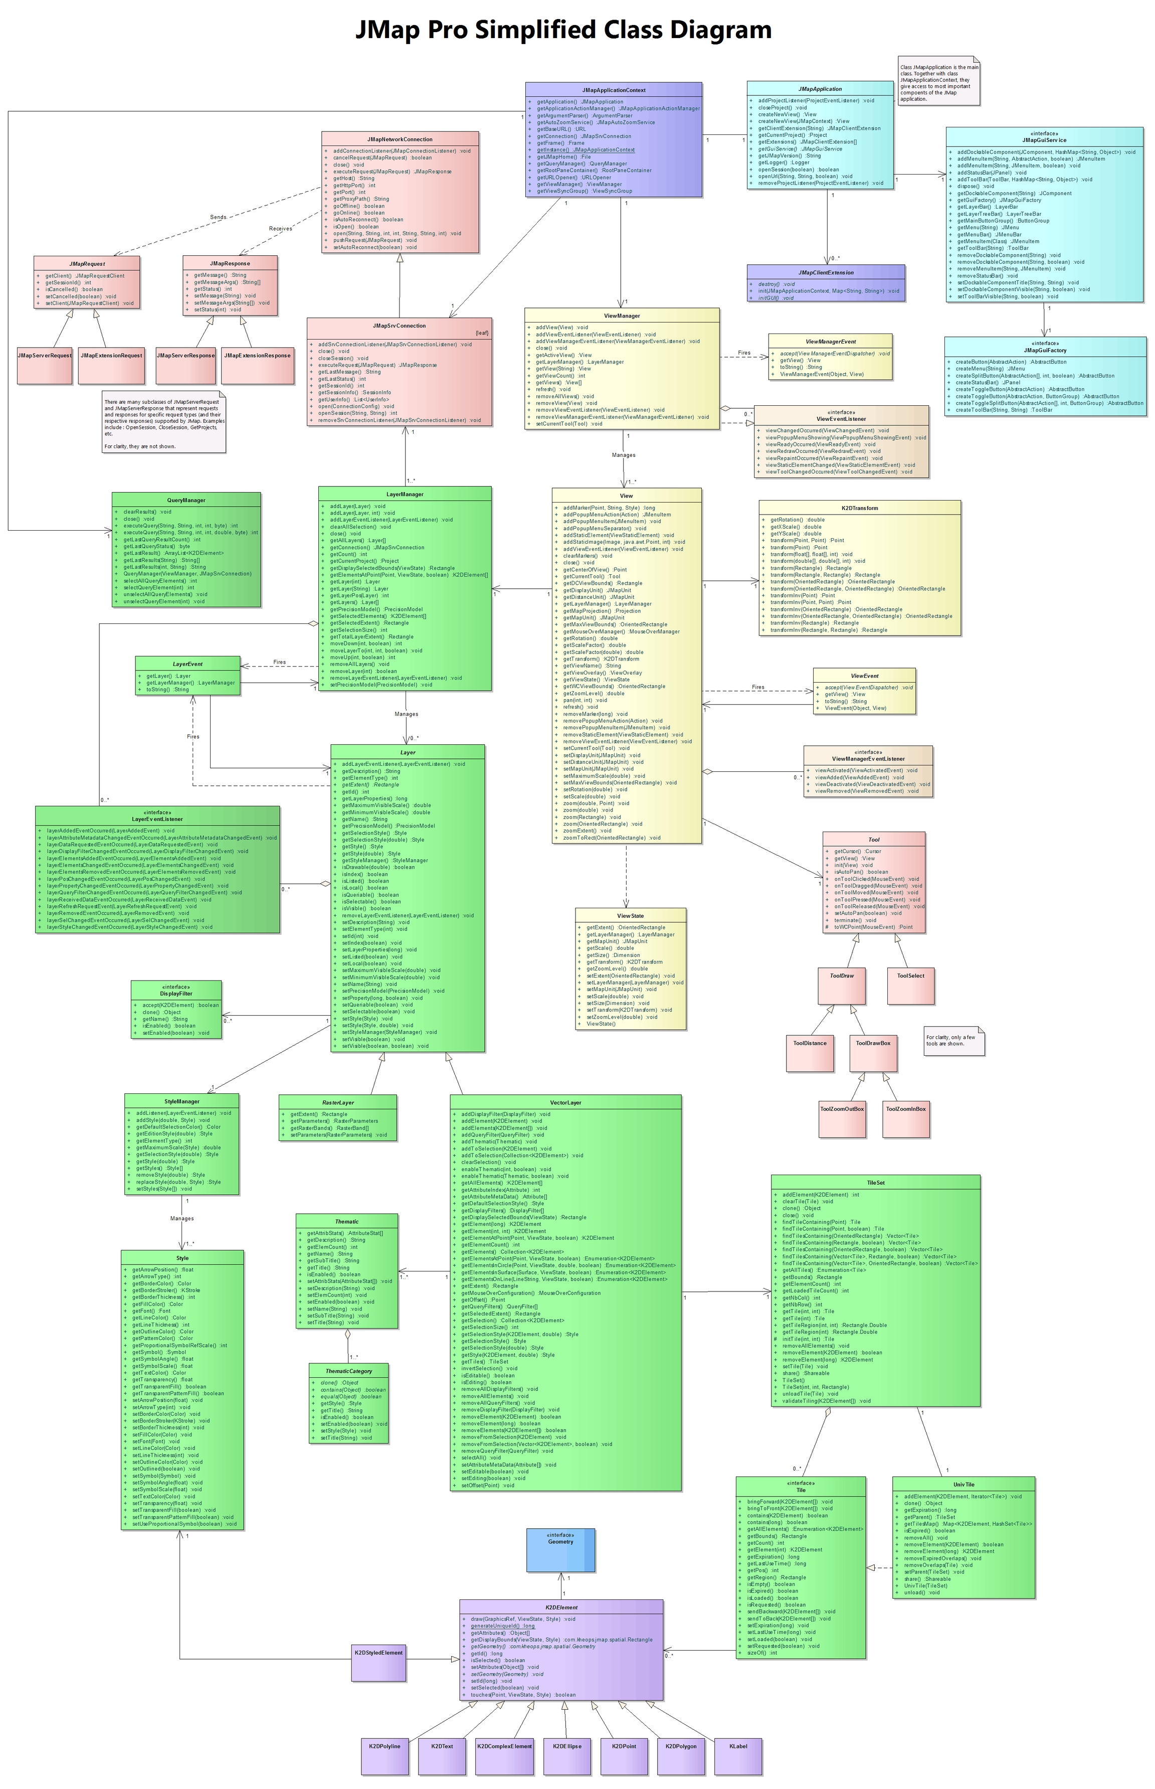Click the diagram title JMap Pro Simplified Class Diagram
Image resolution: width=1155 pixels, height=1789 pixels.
tap(563, 30)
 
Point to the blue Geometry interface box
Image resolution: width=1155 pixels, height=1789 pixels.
tap(560, 1550)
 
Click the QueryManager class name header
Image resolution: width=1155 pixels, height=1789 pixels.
tap(186, 500)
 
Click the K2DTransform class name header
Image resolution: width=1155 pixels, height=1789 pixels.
tap(860, 508)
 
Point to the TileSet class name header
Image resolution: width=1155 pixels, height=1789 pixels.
tap(875, 1183)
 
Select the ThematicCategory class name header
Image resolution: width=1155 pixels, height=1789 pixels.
tap(349, 1371)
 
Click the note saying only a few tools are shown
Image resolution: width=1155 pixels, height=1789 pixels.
tap(953, 1041)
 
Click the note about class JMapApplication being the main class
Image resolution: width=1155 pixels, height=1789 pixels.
tap(938, 82)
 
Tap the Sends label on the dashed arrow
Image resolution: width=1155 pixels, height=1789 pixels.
tap(218, 217)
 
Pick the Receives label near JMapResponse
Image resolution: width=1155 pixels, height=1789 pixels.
tap(281, 228)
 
